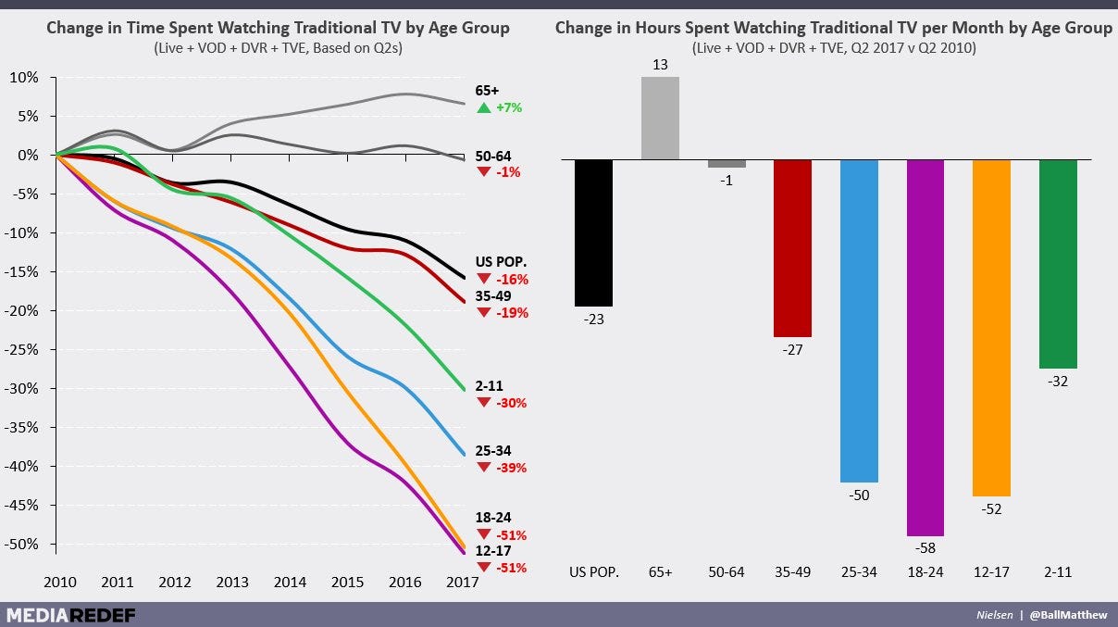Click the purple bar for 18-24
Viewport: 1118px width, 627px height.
pyautogui.click(x=925, y=347)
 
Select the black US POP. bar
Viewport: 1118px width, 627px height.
pyautogui.click(x=593, y=232)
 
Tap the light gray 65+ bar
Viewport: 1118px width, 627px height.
pyautogui.click(x=660, y=118)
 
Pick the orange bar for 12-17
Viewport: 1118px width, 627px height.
pyautogui.click(x=991, y=328)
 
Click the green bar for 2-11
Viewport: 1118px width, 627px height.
pyautogui.click(x=1058, y=264)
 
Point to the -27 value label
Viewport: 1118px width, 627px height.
pyautogui.click(x=792, y=349)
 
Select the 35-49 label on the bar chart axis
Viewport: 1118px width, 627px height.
pyautogui.click(x=792, y=572)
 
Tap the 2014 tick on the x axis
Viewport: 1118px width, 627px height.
pyautogui.click(x=290, y=583)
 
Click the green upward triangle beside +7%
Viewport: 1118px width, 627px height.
pyautogui.click(x=483, y=108)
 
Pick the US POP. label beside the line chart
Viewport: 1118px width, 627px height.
pyautogui.click(x=501, y=262)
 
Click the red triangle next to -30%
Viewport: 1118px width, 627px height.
pyautogui.click(x=483, y=403)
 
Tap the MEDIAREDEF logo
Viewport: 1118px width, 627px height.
pyautogui.click(x=69, y=614)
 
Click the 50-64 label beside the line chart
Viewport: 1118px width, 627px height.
pyautogui.click(x=492, y=157)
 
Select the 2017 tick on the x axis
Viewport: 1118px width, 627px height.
pyautogui.click(x=461, y=583)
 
